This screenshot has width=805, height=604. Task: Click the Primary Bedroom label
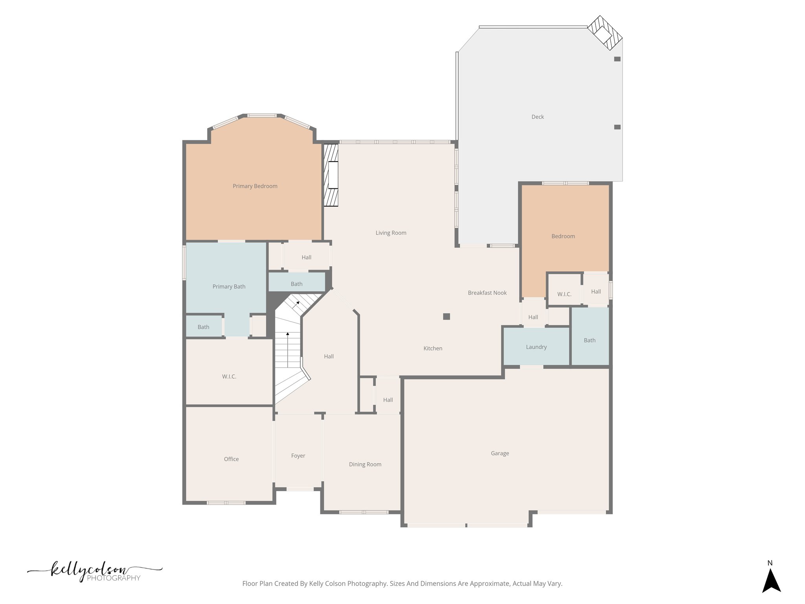coord(255,186)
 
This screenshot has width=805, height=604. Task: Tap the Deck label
coord(537,117)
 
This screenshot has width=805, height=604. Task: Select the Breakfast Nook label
coord(487,293)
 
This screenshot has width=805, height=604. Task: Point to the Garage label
coord(500,453)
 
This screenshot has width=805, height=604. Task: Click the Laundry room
coord(536,347)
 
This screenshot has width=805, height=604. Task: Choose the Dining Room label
coord(365,464)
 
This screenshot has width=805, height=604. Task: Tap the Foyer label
coord(298,456)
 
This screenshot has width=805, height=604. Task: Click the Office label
coord(231,459)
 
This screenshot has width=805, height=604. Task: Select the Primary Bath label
coord(229,287)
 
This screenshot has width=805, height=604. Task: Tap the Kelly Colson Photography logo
coord(94,573)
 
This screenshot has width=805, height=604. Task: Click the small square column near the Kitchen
coord(447,317)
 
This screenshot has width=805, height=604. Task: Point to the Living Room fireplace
coord(331,175)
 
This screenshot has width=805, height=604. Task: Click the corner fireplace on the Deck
coord(605,33)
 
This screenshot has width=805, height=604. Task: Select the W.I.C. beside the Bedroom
coord(564,294)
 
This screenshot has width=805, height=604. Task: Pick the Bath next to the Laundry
coord(589,340)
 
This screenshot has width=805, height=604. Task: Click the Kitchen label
coord(432,348)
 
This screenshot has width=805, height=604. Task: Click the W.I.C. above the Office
coord(229,377)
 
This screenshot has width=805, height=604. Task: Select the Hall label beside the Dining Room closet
coord(388,400)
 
